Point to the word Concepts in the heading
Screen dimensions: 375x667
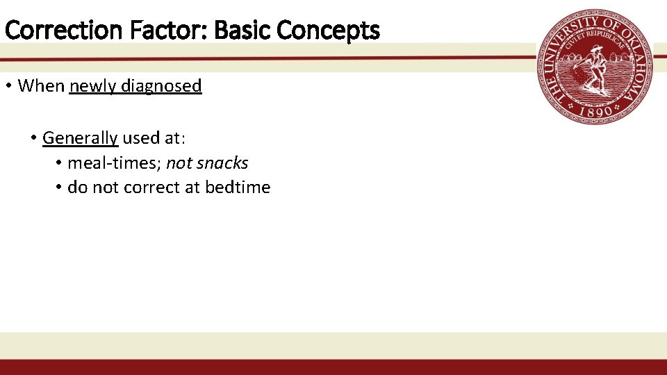pyautogui.click(x=328, y=31)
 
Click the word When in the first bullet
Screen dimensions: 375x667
pyautogui.click(x=40, y=86)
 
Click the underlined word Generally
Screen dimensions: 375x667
pyautogui.click(x=80, y=138)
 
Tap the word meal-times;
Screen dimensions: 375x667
pyautogui.click(x=115, y=163)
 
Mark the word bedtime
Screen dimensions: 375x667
pyautogui.click(x=238, y=187)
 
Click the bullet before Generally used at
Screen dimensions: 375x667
pyautogui.click(x=33, y=138)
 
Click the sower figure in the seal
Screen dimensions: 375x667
pyautogui.click(x=594, y=67)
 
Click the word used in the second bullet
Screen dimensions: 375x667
pyautogui.click(x=141, y=138)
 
